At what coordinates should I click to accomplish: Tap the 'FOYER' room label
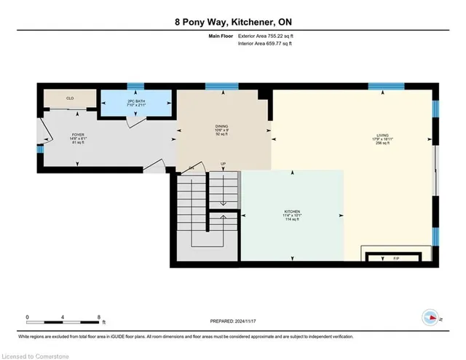(77, 136)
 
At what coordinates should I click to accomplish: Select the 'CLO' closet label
(70, 98)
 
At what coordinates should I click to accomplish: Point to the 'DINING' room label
(221, 125)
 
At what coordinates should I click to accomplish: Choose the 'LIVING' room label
(382, 135)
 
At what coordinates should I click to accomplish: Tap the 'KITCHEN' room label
(292, 212)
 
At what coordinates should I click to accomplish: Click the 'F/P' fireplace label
(396, 258)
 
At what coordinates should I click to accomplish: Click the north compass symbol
(430, 317)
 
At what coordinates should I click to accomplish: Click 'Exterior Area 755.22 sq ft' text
(269, 34)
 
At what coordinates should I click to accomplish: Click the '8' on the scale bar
(99, 316)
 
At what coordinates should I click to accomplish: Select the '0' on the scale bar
(28, 316)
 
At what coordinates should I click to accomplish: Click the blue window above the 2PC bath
(136, 86)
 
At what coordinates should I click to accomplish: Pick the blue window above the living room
(382, 86)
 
